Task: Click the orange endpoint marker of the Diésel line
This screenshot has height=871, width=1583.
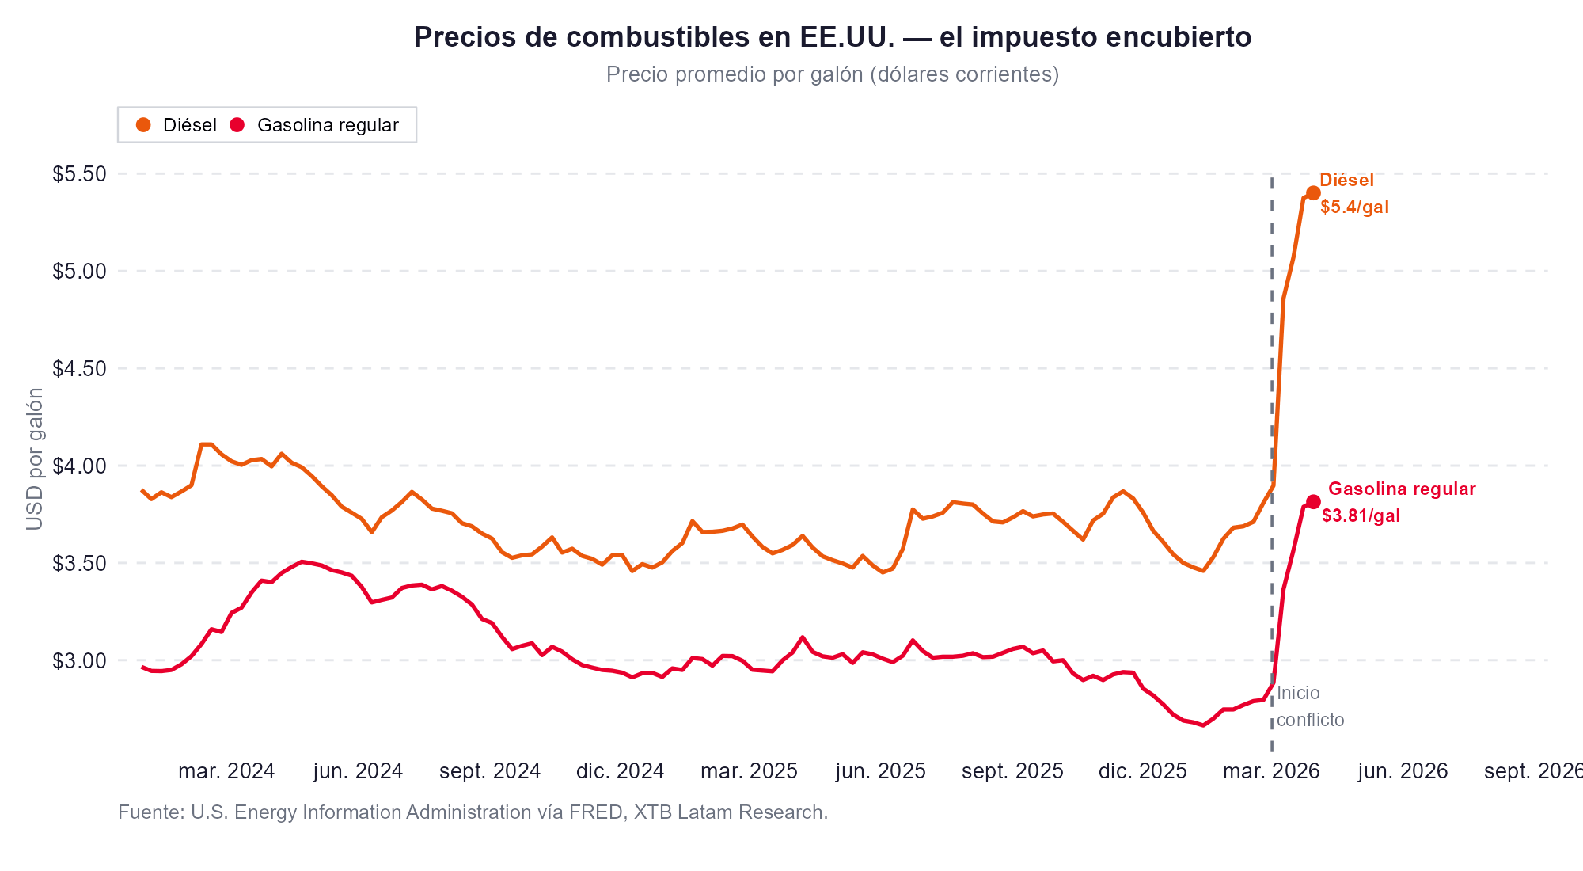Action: click(1313, 193)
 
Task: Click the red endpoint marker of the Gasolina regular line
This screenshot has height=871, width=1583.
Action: click(1313, 501)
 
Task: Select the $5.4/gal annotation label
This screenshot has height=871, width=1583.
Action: click(1354, 207)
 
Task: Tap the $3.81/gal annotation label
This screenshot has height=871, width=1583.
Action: click(1361, 516)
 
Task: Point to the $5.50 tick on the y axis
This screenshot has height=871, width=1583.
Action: click(79, 174)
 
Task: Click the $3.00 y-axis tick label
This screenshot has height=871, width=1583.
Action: click(79, 660)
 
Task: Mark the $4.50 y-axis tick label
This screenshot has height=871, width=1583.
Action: click(79, 369)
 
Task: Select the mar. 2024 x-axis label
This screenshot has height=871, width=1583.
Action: click(226, 771)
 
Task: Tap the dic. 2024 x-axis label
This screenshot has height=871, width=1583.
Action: click(620, 771)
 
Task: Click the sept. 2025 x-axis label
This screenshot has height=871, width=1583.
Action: click(1012, 771)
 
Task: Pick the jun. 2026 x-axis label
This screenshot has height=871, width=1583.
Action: click(1403, 771)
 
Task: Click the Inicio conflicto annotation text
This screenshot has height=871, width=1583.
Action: click(1309, 706)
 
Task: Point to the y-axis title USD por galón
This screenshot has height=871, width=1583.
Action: click(35, 459)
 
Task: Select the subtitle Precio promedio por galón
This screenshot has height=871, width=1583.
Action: click(832, 74)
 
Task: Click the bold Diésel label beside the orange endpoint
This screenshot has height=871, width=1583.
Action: click(1346, 181)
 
